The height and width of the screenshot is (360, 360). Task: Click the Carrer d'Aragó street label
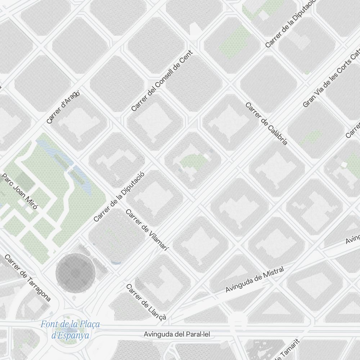pyautogui.click(x=63, y=107)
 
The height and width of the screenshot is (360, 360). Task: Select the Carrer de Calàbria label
pyautogui.click(x=266, y=123)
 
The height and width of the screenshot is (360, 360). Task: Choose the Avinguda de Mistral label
pyautogui.click(x=255, y=279)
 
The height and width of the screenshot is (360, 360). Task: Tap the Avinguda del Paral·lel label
pyautogui.click(x=177, y=334)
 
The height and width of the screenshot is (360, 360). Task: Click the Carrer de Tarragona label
pyautogui.click(x=28, y=278)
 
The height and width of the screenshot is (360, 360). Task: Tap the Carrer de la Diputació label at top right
pyautogui.click(x=290, y=23)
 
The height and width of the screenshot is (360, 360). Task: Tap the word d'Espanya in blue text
pyautogui.click(x=70, y=336)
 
